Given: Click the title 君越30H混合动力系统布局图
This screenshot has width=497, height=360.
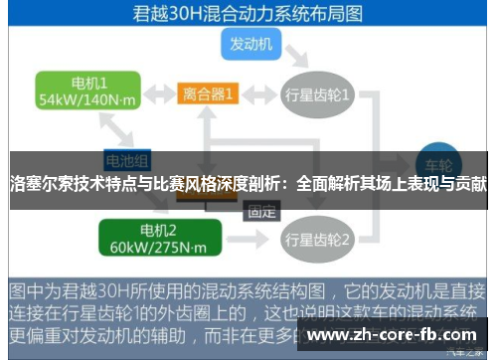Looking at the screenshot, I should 248,15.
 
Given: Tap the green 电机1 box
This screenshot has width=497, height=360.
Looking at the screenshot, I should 86,90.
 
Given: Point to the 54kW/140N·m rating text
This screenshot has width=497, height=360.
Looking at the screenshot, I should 86,100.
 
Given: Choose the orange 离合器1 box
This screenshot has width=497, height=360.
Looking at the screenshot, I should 208,94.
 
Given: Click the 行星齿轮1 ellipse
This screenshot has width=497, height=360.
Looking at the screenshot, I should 318,94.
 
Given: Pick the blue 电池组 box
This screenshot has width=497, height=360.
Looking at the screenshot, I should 127,158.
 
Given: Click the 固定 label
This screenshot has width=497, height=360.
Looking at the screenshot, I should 261,211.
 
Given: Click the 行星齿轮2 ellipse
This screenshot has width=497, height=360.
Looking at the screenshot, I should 318,240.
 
